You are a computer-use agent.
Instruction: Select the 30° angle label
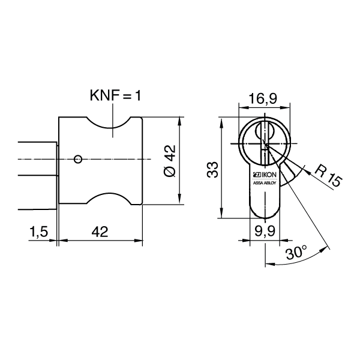295,253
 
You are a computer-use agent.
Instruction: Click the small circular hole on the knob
77,159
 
